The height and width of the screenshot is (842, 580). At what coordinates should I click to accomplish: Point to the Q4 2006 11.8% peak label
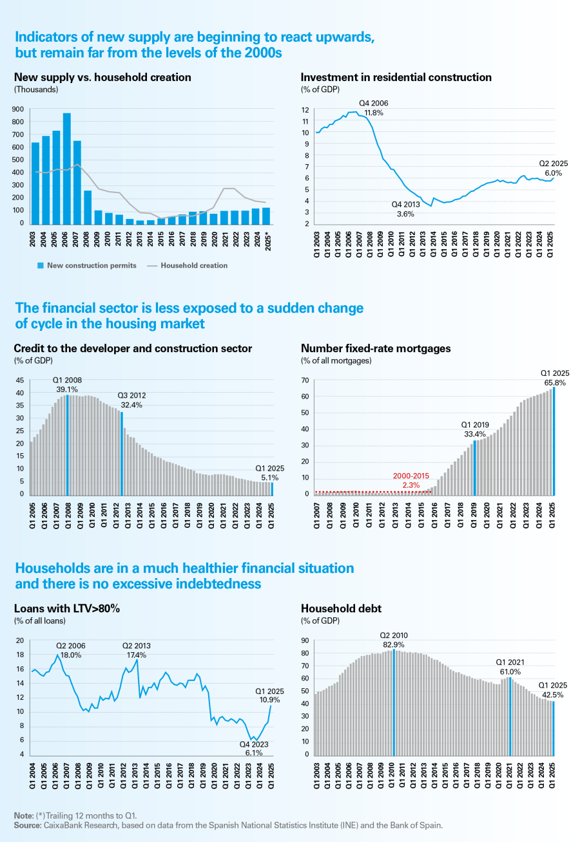click(374, 108)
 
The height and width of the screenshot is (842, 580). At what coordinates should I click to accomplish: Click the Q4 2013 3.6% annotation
click(407, 208)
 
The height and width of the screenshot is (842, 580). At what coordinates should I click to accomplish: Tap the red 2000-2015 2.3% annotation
click(411, 480)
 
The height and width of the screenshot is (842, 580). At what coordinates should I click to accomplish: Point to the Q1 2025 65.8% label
click(554, 378)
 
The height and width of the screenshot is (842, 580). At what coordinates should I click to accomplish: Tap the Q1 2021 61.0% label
click(509, 667)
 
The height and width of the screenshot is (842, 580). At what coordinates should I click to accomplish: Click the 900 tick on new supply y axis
click(19, 109)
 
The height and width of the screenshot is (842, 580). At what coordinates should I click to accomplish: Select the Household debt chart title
click(341, 608)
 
